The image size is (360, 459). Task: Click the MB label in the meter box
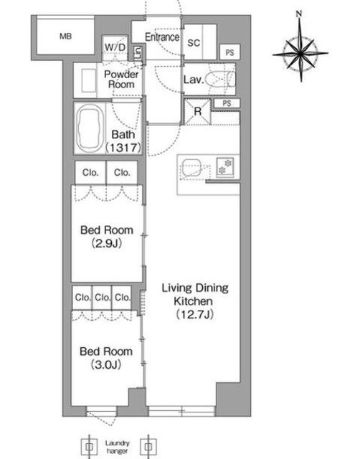click(65, 37)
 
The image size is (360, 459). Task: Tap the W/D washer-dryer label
click(115, 47)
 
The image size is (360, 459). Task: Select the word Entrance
click(162, 37)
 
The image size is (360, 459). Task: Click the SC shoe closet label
click(194, 43)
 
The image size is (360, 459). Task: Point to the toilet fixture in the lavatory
click(220, 79)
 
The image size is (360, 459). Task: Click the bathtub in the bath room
click(90, 128)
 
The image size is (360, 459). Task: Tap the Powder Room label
click(121, 80)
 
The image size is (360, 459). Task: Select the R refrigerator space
click(197, 112)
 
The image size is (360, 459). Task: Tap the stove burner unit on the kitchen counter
click(225, 167)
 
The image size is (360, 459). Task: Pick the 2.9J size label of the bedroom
click(107, 243)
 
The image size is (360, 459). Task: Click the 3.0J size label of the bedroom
click(106, 364)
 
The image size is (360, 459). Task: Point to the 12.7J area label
click(194, 314)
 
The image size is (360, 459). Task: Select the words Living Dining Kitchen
click(195, 295)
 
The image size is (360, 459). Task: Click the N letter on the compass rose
click(299, 14)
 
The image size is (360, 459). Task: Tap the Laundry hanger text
click(118, 447)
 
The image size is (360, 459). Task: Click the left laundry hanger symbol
click(89, 447)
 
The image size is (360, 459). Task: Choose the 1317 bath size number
click(123, 148)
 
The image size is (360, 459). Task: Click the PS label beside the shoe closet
click(229, 52)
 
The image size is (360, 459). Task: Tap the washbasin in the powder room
click(89, 80)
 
